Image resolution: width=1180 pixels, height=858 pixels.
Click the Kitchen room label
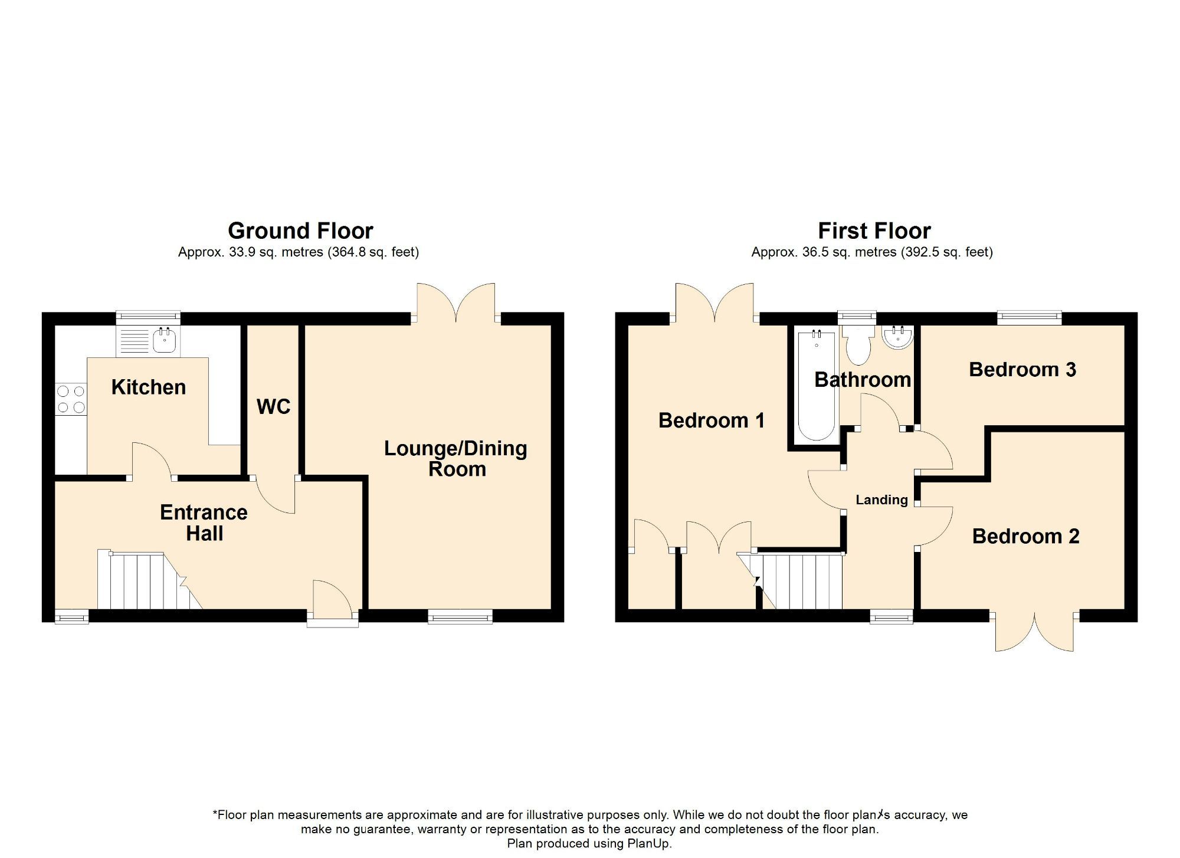[x=149, y=387]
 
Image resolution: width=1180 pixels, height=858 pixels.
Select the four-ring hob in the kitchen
[x=71, y=399]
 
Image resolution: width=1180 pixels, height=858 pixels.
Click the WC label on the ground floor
[x=274, y=406]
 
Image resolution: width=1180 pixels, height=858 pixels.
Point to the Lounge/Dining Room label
[x=456, y=458]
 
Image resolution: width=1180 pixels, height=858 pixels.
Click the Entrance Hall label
[x=204, y=522]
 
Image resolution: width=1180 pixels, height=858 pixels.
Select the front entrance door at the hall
[x=332, y=601]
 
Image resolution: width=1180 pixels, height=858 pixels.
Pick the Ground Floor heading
[x=300, y=231]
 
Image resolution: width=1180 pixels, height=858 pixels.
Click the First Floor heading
[x=874, y=231]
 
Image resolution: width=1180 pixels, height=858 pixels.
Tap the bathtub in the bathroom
[x=817, y=386]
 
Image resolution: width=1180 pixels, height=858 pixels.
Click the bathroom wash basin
[x=898, y=337]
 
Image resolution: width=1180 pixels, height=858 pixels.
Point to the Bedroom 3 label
[x=1022, y=370]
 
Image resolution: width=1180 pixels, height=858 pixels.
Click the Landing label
[x=881, y=500]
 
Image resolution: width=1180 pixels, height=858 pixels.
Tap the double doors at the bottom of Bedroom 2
[x=1034, y=632]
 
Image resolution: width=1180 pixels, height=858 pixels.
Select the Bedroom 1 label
[x=711, y=420]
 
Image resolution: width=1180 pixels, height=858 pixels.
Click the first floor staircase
[x=802, y=581]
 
